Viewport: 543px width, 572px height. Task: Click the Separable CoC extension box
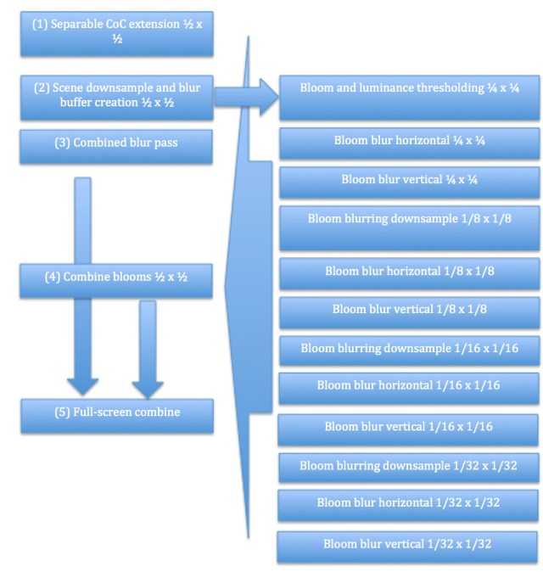tap(116, 32)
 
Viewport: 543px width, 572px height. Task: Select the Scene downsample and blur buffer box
tap(116, 97)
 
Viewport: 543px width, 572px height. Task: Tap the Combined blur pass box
tap(116, 145)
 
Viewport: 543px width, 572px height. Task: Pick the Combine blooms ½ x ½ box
tap(116, 279)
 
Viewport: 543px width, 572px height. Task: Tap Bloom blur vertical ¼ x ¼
tap(409, 182)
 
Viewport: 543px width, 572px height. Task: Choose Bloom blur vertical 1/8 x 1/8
tap(409, 311)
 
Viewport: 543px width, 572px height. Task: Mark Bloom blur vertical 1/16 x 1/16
tap(409, 429)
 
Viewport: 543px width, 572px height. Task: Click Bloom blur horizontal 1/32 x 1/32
tap(409, 504)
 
